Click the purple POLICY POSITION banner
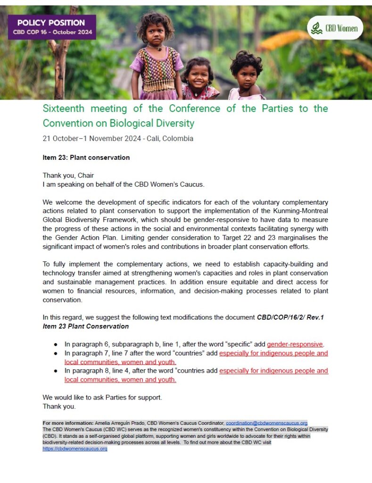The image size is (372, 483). (x=51, y=27)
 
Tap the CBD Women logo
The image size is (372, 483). (x=335, y=28)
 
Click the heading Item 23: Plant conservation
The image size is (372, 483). (x=86, y=158)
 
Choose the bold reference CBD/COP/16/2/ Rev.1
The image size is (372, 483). (x=290, y=317)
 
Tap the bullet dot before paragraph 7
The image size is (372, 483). (x=56, y=353)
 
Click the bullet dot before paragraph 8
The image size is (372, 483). (x=56, y=371)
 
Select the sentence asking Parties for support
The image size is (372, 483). (x=102, y=398)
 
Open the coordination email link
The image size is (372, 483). (x=266, y=423)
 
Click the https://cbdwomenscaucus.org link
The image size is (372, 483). (x=75, y=449)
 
